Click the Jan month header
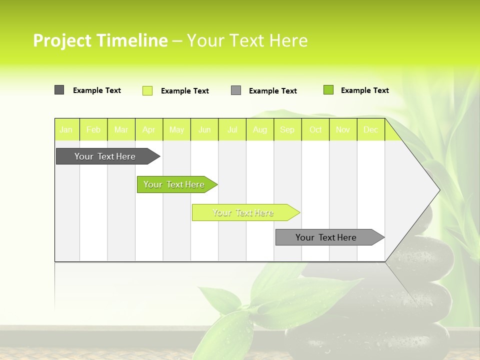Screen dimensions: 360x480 pyautogui.click(x=66, y=130)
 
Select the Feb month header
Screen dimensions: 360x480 pyautogui.click(x=93, y=130)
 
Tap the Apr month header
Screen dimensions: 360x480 pyautogui.click(x=149, y=130)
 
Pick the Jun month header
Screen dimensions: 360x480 pyautogui.click(x=204, y=130)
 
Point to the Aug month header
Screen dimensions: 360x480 pyautogui.click(x=260, y=130)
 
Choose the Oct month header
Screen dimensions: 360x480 pyautogui.click(x=315, y=130)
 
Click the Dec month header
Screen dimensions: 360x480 pyautogui.click(x=370, y=130)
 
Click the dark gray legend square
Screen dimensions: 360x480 pyautogui.click(x=59, y=90)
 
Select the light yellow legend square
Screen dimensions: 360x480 pyautogui.click(x=147, y=90)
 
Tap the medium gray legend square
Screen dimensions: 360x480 pyautogui.click(x=236, y=90)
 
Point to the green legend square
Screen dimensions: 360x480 pyautogui.click(x=328, y=90)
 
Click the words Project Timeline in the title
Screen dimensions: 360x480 pyautogui.click(x=100, y=40)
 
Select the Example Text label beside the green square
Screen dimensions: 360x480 pyautogui.click(x=364, y=90)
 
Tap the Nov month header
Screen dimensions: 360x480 pyautogui.click(x=343, y=130)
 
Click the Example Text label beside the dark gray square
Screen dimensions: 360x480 pyautogui.click(x=97, y=90)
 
